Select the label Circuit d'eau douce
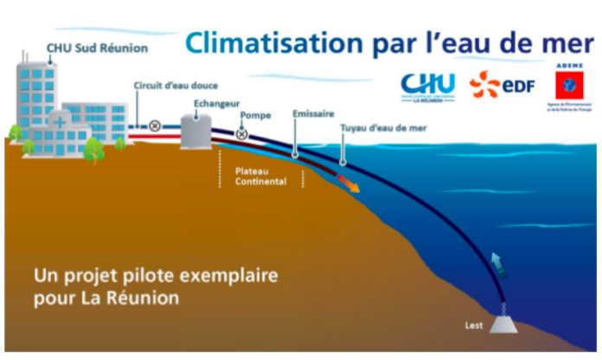point(175,86)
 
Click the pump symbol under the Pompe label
point(242,133)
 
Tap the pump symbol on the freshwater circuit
point(155,125)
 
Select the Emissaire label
point(312,113)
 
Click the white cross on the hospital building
point(59,124)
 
